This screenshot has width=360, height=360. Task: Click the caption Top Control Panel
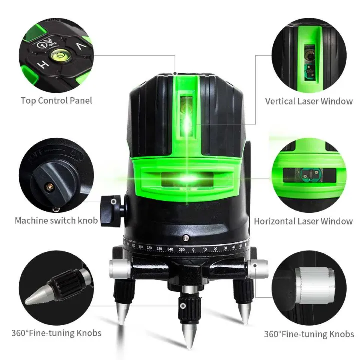56,100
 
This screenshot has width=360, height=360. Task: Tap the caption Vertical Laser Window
309,101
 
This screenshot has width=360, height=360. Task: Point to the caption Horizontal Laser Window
303,221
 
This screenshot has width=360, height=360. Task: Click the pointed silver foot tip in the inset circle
39,298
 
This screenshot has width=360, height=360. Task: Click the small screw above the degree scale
186,238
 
